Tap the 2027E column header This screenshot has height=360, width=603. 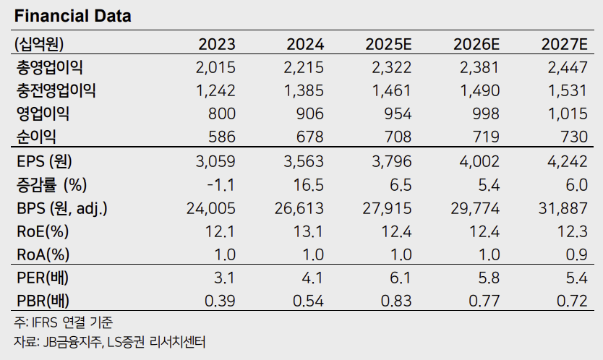(x=563, y=43)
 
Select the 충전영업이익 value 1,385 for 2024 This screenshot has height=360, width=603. (x=304, y=90)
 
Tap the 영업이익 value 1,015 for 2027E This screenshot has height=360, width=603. (x=567, y=113)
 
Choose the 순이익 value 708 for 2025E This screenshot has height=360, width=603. (x=397, y=136)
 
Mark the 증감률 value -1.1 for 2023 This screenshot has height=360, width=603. (x=222, y=186)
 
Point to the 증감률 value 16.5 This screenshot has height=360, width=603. (x=310, y=186)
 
